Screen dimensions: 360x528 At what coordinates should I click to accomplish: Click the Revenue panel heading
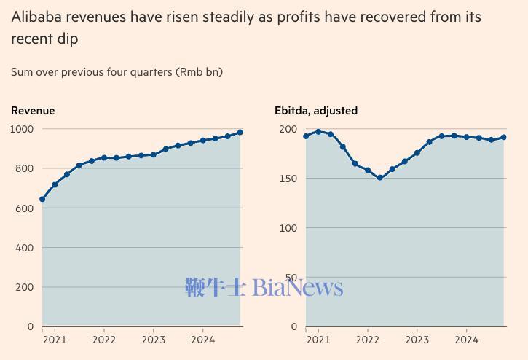[33, 111]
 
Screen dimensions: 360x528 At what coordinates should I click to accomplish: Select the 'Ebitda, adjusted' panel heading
[316, 111]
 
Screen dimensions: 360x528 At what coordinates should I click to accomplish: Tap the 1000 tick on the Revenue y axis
[22, 129]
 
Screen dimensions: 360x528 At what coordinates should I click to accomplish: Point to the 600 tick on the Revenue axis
[25, 208]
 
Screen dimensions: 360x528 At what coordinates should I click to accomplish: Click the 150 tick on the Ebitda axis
[288, 179]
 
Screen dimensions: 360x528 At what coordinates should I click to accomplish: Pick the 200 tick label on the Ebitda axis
[288, 129]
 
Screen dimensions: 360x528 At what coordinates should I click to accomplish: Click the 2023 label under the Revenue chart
[154, 340]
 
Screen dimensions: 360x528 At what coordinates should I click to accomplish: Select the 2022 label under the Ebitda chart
[368, 340]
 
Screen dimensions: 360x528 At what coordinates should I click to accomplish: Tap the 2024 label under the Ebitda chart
[467, 340]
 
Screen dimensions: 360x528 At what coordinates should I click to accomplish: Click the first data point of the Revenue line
[42, 199]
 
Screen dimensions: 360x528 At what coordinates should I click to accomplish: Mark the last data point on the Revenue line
[240, 133]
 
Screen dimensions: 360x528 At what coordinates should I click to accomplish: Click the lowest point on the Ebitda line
[380, 178]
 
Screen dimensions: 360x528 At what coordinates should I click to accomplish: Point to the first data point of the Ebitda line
[306, 136]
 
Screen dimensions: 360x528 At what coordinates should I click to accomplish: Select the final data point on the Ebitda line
[504, 137]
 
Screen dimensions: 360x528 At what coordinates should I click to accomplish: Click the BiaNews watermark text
[297, 287]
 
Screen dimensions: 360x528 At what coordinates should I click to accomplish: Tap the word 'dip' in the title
[66, 39]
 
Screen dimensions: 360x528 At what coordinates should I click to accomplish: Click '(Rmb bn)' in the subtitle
[199, 72]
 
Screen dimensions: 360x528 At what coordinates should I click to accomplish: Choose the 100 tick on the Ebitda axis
[288, 228]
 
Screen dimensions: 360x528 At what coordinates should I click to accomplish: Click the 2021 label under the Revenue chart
[55, 340]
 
